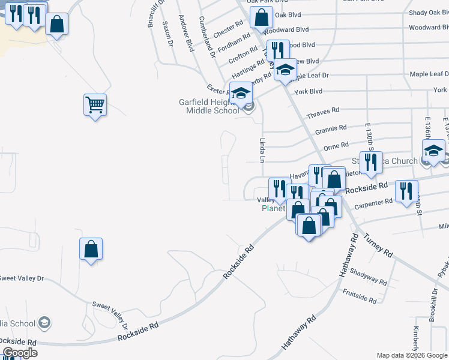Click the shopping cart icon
coord(95,105)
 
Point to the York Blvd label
coord(309,91)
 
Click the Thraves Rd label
coord(323,112)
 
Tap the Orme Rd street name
coord(336,146)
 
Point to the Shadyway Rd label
coord(368,277)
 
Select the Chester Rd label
coord(228,28)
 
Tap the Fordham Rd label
coord(234,43)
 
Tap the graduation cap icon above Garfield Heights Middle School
coord(241,94)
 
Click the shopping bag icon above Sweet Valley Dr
coord(91,248)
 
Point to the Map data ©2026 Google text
coord(411,355)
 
